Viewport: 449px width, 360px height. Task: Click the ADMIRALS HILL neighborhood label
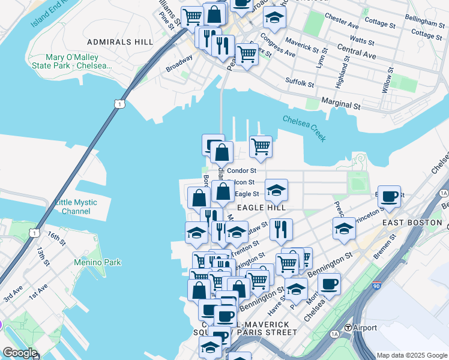click(120, 42)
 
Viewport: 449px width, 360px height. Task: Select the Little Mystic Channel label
click(76, 206)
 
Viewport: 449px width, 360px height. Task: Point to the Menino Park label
click(97, 262)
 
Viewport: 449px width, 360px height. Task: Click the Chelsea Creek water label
click(304, 128)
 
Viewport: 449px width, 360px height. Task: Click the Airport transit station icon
click(348, 328)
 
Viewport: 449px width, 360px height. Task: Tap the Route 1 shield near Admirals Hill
click(121, 104)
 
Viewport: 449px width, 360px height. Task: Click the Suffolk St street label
click(300, 82)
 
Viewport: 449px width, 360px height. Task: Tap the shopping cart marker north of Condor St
click(261, 146)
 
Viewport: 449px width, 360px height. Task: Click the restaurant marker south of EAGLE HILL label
click(280, 229)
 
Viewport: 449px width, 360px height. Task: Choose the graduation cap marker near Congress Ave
click(274, 19)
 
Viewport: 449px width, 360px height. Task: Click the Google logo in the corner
click(20, 353)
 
